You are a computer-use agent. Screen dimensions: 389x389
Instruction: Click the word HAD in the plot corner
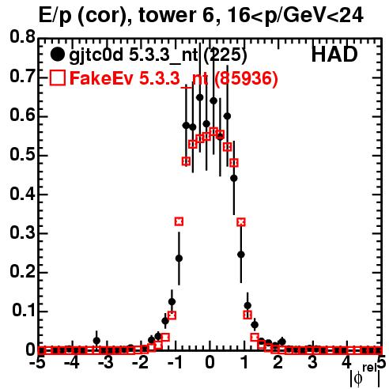[x=334, y=55]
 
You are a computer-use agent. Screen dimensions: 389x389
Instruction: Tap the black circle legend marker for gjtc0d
[x=57, y=55]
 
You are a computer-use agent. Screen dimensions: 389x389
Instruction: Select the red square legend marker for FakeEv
[x=58, y=77]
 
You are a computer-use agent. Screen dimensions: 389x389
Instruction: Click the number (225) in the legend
[x=225, y=55]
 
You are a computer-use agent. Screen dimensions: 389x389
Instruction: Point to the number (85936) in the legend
[x=246, y=78]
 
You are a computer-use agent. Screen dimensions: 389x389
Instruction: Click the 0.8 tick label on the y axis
[x=22, y=37]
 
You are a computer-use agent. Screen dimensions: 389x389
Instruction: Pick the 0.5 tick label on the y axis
[x=22, y=155]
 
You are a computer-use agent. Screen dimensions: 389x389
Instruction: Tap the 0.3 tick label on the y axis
[x=22, y=233]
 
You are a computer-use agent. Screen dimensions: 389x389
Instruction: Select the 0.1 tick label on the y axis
[x=23, y=311]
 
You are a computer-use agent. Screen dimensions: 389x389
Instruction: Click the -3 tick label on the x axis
[x=106, y=363]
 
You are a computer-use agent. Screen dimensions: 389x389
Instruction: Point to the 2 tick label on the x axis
[x=278, y=363]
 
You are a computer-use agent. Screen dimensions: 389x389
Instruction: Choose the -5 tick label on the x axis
[x=39, y=363]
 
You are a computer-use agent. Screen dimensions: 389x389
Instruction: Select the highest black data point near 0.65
[x=200, y=97]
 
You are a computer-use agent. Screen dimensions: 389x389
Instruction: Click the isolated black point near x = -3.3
[x=96, y=341]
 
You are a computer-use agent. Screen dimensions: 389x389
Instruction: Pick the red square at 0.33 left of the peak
[x=179, y=221]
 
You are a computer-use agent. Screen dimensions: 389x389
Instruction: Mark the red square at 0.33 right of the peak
[x=241, y=222]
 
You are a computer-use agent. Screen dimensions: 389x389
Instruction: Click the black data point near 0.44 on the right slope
[x=234, y=179]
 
